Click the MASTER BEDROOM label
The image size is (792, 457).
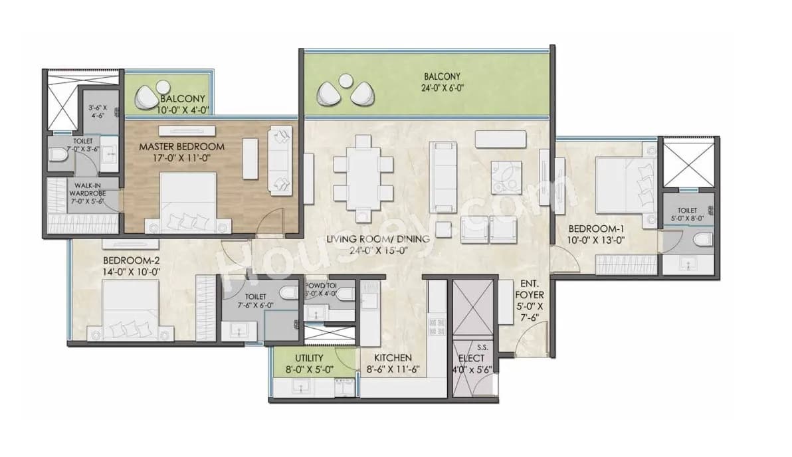coord(181,146)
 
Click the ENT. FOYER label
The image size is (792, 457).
coord(530,294)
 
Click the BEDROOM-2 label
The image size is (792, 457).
coord(132,260)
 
